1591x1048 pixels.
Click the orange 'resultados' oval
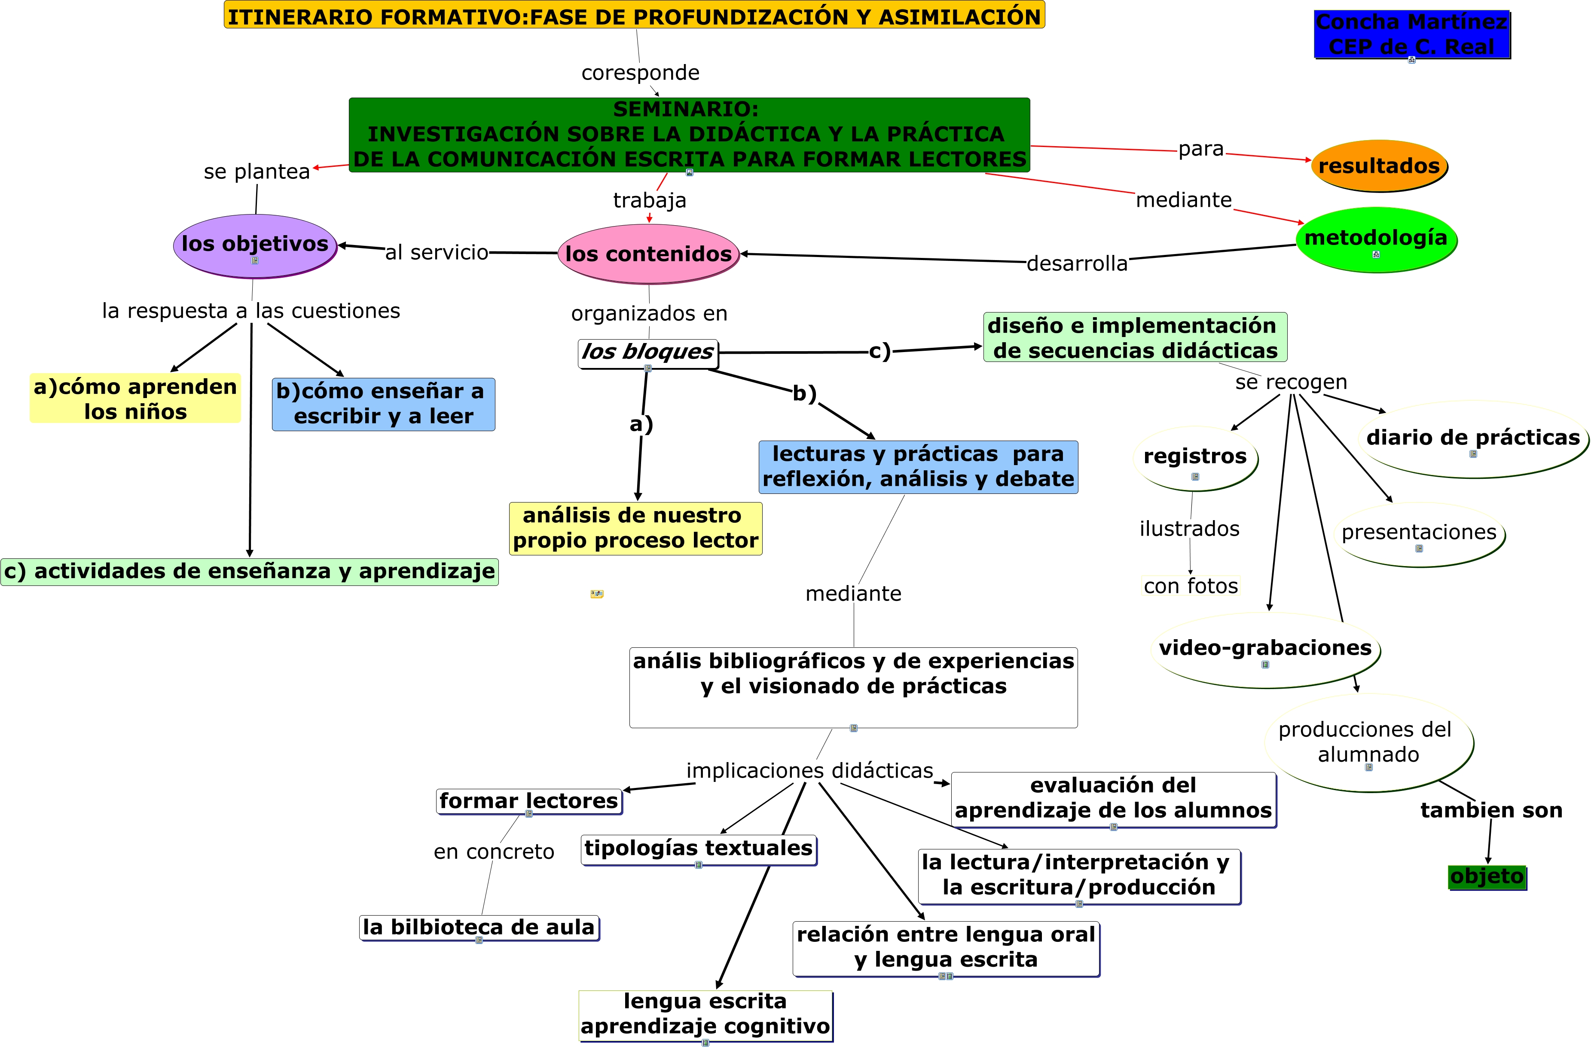pyautogui.click(x=1378, y=166)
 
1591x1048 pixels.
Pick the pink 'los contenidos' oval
pyautogui.click(x=648, y=254)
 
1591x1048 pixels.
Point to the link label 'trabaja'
pyautogui.click(x=650, y=200)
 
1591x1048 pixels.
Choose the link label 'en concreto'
pyautogui.click(x=494, y=852)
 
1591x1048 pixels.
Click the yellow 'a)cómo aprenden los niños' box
pyautogui.click(x=135, y=398)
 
